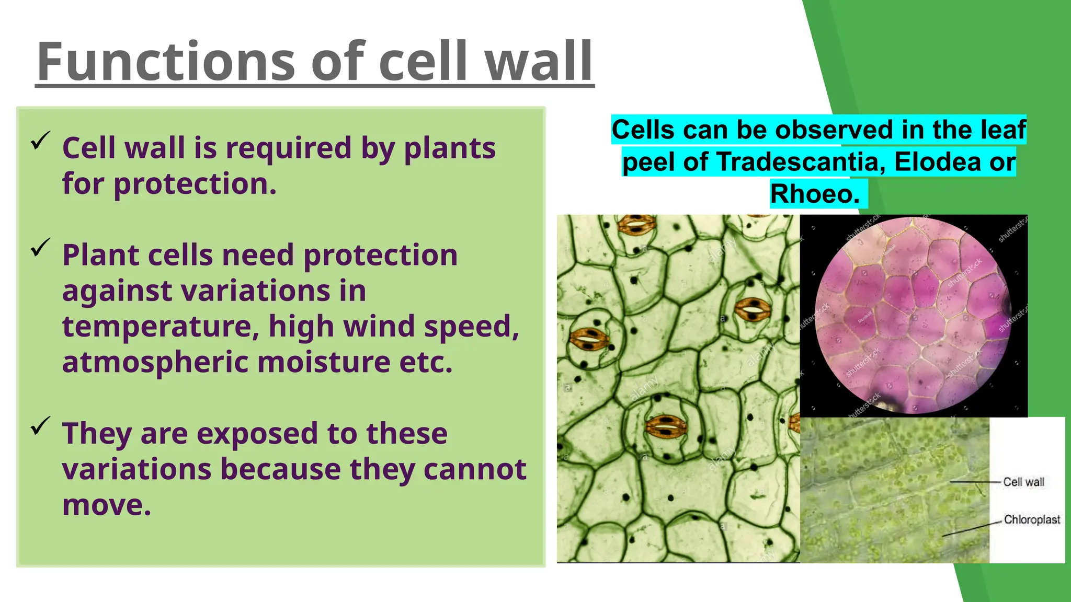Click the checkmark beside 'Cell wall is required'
(x=40, y=140)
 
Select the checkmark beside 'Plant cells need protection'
(x=40, y=247)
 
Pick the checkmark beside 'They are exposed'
(x=40, y=425)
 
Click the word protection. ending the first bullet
(x=195, y=184)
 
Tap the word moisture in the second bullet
(x=324, y=362)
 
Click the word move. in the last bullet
(x=107, y=505)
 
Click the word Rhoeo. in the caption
(x=815, y=194)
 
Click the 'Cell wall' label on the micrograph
(x=1023, y=482)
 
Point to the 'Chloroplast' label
(x=1032, y=519)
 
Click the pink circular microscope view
(x=913, y=316)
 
